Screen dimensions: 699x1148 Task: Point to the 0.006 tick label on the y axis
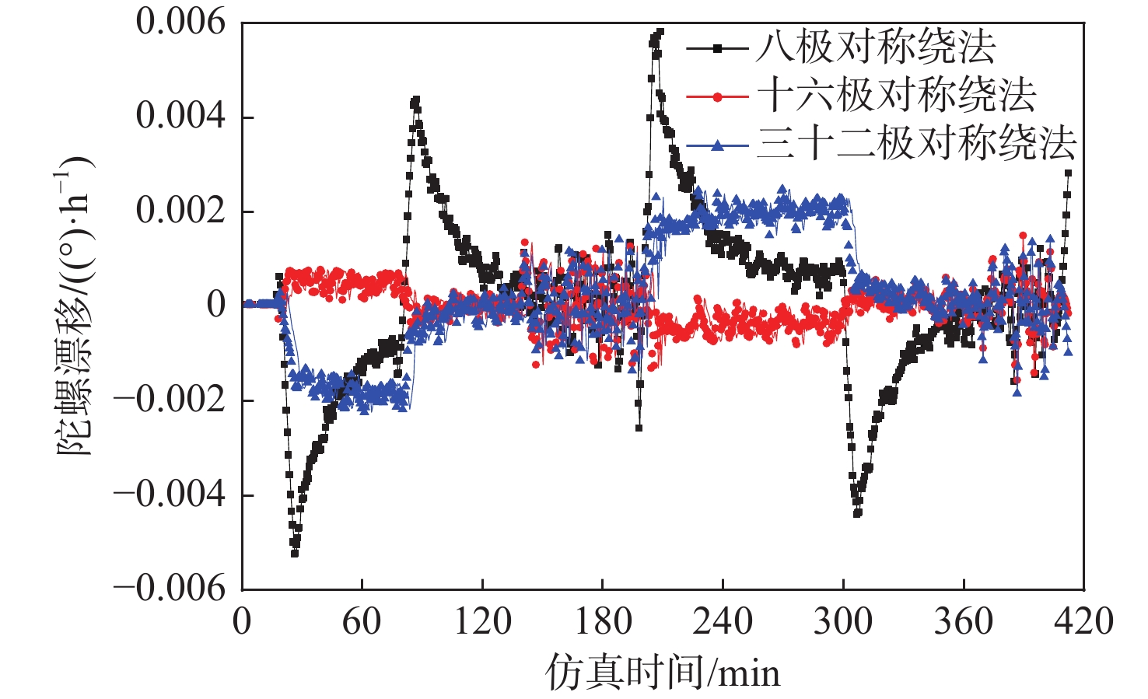pyautogui.click(x=180, y=22)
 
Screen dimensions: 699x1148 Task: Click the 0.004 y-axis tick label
pyautogui.click(x=180, y=117)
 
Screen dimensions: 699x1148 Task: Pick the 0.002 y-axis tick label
pyautogui.click(x=180, y=211)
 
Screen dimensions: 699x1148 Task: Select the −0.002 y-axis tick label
pyautogui.click(x=170, y=400)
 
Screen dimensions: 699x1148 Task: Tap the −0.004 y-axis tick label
pyautogui.click(x=170, y=495)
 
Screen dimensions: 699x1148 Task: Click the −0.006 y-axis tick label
pyautogui.click(x=170, y=589)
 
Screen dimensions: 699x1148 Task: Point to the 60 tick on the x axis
pyautogui.click(x=362, y=622)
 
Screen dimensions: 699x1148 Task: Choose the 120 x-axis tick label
pyautogui.click(x=482, y=622)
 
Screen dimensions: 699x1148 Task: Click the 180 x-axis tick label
pyautogui.click(x=603, y=622)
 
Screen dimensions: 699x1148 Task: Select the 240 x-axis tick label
pyautogui.click(x=723, y=622)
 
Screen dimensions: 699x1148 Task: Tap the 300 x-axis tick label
pyautogui.click(x=843, y=622)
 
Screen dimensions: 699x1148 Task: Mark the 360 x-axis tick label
pyautogui.click(x=964, y=622)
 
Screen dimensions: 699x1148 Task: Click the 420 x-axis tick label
pyautogui.click(x=1083, y=622)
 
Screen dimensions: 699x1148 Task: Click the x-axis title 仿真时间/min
pyautogui.click(x=663, y=673)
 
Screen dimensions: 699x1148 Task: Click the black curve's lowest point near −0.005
pyautogui.click(x=295, y=553)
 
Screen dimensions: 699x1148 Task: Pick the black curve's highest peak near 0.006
pyautogui.click(x=660, y=33)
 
